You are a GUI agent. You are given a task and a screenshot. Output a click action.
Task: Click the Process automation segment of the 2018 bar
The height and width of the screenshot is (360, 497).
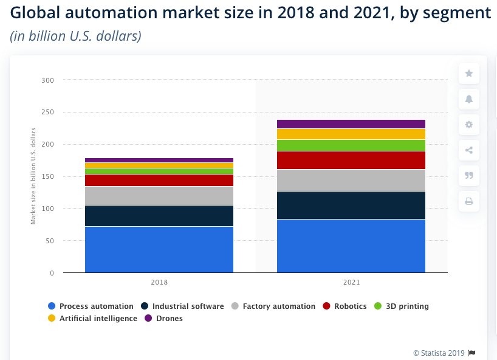point(159,249)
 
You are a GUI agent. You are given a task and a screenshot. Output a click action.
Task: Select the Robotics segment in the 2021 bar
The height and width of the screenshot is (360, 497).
point(351,160)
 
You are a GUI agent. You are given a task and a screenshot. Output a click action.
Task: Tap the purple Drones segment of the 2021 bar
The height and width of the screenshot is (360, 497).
point(351,124)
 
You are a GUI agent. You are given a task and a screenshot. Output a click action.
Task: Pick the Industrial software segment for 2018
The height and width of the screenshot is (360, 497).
point(159,215)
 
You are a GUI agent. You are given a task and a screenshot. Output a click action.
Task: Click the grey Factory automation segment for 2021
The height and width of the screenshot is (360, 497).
point(351,180)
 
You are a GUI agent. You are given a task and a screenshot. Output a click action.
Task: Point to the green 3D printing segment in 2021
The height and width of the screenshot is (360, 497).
point(351,145)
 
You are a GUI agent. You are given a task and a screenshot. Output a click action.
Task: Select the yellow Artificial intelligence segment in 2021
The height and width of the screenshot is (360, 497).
point(351,134)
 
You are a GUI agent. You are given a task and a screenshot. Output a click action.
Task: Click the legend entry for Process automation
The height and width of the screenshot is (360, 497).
point(91,306)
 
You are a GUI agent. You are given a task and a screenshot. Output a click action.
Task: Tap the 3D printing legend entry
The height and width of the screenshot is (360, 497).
point(402,306)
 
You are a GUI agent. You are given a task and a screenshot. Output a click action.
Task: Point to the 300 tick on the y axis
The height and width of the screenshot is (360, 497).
point(48,80)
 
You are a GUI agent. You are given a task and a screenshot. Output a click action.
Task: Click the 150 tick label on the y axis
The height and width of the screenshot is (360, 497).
point(48,176)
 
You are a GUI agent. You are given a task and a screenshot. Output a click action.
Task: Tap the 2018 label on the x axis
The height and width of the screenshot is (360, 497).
point(159,283)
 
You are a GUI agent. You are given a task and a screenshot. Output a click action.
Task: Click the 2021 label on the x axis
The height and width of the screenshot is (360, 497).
point(351,283)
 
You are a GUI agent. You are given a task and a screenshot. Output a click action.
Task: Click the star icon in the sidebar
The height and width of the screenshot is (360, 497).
point(468,74)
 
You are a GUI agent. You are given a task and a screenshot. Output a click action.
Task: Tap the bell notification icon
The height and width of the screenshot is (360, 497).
point(468,99)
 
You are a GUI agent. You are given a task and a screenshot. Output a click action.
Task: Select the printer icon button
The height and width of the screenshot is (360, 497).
point(468,201)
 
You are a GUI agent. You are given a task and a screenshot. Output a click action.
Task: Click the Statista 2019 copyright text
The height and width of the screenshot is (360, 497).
point(439,353)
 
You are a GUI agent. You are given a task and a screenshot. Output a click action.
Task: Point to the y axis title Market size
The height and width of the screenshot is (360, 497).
point(33,176)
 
